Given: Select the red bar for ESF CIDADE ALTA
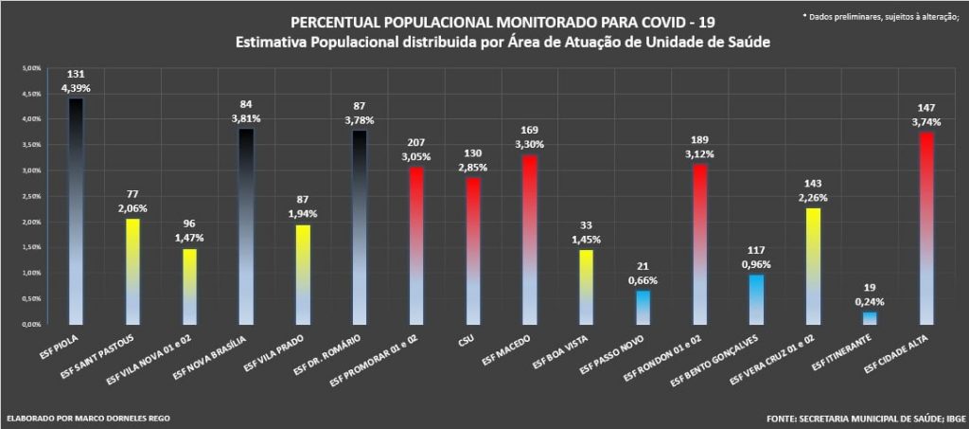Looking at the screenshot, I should tap(926, 227).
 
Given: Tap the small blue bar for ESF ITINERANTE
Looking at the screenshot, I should tap(870, 318).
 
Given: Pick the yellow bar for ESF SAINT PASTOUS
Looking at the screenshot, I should tap(132, 271).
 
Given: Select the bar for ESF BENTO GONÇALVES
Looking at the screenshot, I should tap(756, 299).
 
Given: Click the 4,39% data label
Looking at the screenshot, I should tap(75, 88).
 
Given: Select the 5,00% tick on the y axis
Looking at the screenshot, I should tap(32, 69).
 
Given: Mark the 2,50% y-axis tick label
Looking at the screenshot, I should tap(32, 196).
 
